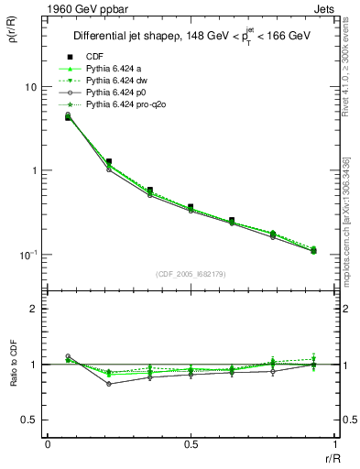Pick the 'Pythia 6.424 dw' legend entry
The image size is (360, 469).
tap(119, 82)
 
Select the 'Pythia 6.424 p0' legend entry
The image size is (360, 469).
tap(119, 93)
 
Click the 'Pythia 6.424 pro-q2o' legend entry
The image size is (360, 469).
tap(128, 106)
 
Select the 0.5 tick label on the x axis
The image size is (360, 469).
tap(191, 444)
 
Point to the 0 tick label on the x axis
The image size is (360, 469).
tap(48, 444)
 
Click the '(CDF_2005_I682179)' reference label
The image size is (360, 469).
tap(191, 275)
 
